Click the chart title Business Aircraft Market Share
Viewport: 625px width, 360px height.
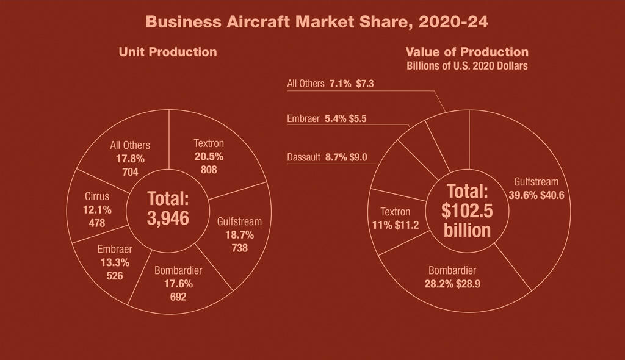317,22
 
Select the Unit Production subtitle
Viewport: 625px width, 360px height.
168,52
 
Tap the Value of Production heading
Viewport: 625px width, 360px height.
467,52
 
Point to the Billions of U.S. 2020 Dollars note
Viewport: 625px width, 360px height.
467,66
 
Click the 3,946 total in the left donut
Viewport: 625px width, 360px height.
168,218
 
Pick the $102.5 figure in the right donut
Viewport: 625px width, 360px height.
467,211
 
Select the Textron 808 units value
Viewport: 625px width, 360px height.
209,170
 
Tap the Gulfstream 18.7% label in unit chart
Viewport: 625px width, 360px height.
239,235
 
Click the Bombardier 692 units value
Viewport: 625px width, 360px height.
178,297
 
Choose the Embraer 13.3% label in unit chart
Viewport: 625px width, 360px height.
115,262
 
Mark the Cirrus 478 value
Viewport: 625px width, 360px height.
97,223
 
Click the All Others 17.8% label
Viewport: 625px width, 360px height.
130,159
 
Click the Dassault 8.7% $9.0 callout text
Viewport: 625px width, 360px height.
327,157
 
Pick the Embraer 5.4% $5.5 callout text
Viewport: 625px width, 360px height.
327,119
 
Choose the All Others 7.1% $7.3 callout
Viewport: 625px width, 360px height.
330,84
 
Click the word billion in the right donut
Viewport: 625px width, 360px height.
467,230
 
